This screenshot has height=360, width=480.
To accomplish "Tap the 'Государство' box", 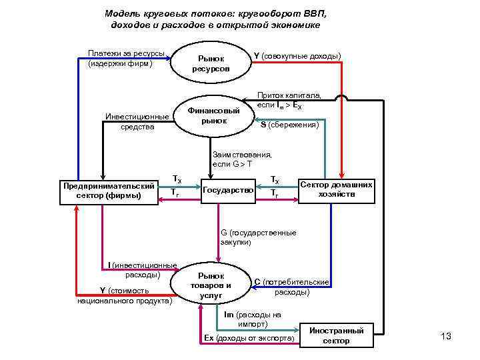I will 227,191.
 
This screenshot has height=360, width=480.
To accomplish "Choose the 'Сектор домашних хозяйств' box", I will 336,189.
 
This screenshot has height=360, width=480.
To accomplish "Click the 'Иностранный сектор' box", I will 336,335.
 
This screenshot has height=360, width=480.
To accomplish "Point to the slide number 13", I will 446,336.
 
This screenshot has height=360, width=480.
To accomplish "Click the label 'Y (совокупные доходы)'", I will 297,55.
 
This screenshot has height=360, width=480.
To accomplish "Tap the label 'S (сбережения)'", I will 289,125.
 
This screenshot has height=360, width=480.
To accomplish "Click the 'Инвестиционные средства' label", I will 137,122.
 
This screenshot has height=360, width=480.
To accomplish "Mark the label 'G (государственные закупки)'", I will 258,237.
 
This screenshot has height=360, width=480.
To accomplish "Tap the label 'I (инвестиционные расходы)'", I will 142,270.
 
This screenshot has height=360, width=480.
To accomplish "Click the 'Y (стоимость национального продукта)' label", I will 125,295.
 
